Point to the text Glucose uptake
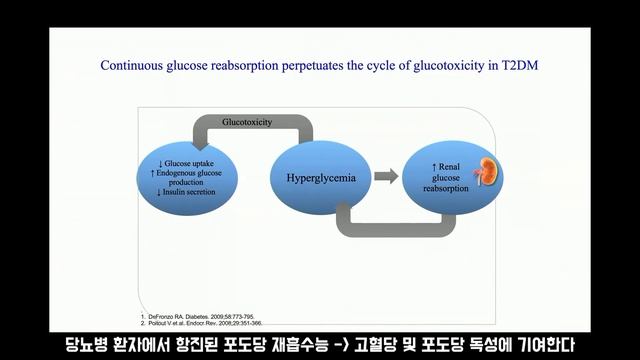pyautogui.click(x=191, y=162)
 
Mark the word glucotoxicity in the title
pyautogui.click(x=441, y=64)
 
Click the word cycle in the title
pyautogui.click(x=373, y=64)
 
